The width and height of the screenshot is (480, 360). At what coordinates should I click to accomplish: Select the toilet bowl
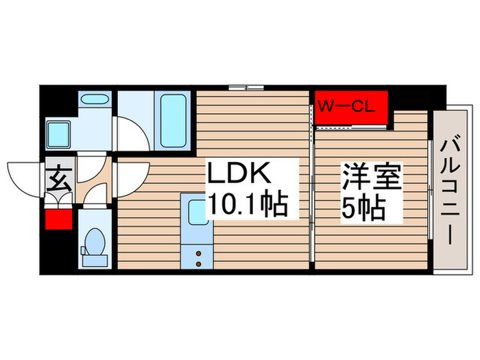point(95,241)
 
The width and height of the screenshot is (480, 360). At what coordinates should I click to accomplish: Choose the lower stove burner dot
point(199,263)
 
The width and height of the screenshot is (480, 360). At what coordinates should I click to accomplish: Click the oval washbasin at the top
point(94,101)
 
